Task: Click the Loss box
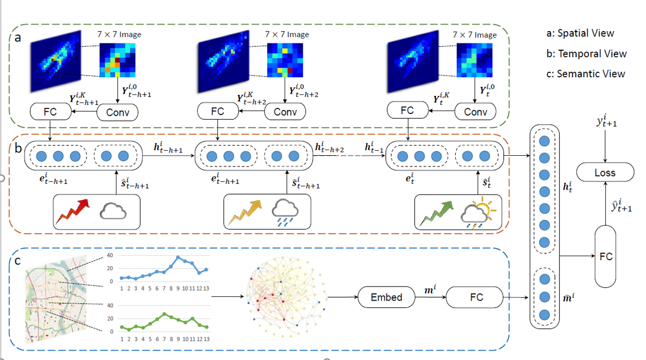[x=605, y=172]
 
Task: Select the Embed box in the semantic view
[x=386, y=297]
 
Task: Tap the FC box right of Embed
[x=475, y=297]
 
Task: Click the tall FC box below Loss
[x=605, y=256]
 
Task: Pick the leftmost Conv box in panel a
[x=117, y=112]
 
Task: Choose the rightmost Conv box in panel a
[x=475, y=112]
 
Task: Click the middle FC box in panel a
[x=217, y=111]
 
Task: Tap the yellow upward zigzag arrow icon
[x=245, y=212]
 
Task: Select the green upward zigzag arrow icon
[x=436, y=213]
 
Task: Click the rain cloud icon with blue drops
[x=285, y=213]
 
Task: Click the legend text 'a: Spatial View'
[x=580, y=33]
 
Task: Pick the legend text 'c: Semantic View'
[x=586, y=74]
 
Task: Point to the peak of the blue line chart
[x=178, y=257]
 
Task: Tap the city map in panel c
[x=56, y=300]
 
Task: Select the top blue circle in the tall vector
[x=544, y=141]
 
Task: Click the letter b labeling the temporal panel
[x=18, y=147]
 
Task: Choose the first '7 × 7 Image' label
[x=119, y=34]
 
